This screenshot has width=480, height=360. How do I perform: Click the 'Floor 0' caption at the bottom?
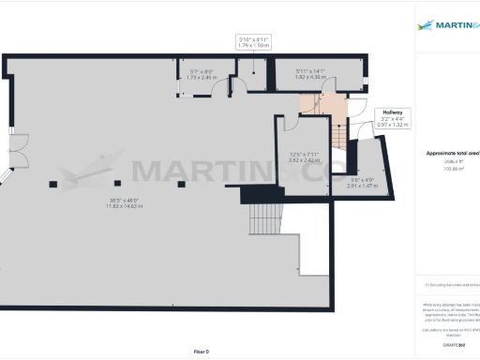click(200, 352)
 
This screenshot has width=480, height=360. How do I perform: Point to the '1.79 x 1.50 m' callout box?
click(252, 41)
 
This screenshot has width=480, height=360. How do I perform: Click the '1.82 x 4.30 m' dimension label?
click(309, 76)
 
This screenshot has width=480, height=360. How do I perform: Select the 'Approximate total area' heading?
click(452, 152)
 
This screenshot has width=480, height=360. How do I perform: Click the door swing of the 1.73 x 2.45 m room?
click(218, 89)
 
